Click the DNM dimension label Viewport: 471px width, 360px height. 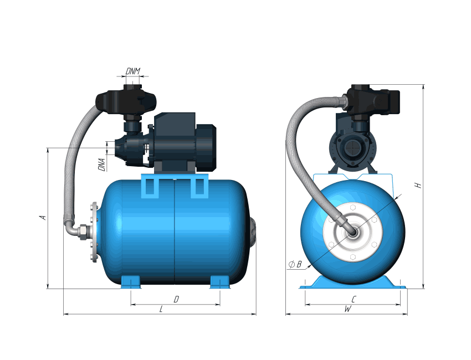point(133,71)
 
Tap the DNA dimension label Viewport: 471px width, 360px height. point(102,165)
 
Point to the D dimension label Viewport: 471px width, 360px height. point(176,299)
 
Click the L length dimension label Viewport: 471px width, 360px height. point(161,309)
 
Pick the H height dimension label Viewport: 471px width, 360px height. point(418,185)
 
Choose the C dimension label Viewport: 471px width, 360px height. point(354,299)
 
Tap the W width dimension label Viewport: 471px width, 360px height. point(348,309)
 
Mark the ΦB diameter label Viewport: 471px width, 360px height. point(295,265)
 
